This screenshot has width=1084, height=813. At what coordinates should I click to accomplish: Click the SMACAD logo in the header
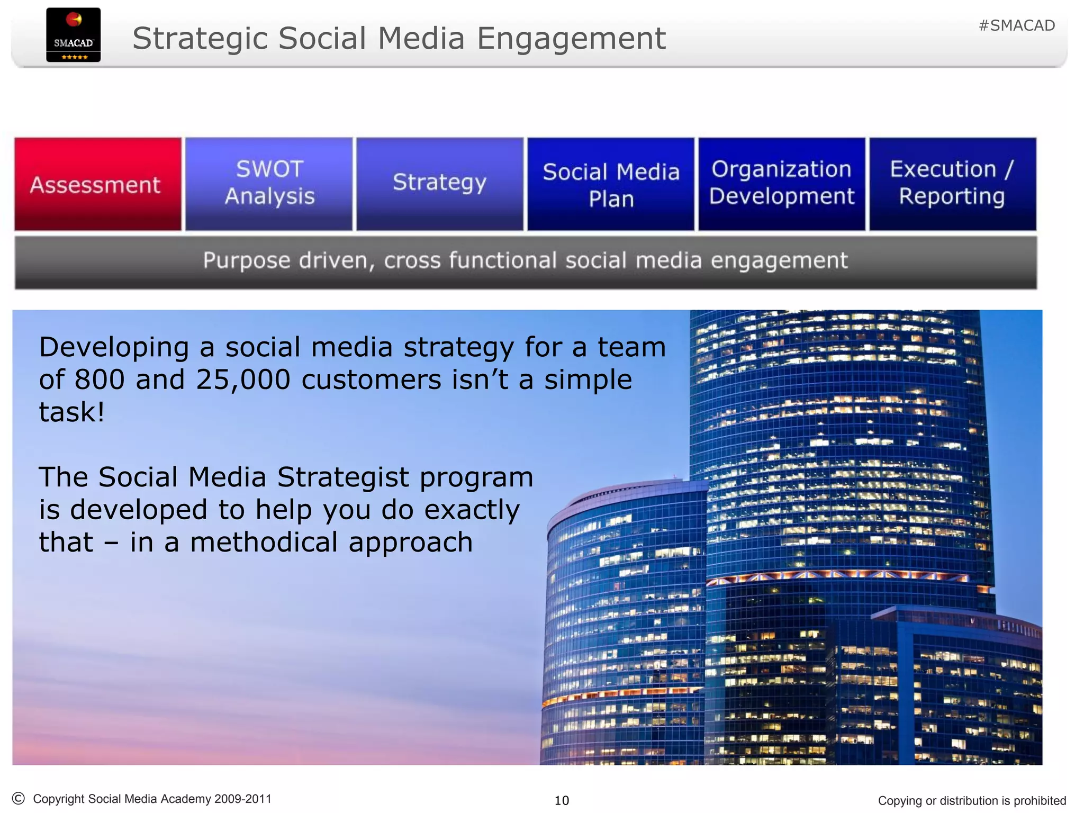[x=73, y=35]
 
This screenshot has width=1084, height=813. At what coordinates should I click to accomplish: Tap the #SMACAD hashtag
[x=1016, y=25]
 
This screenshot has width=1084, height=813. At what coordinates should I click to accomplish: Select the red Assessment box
[x=97, y=184]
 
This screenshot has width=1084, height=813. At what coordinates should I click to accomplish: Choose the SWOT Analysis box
[x=269, y=183]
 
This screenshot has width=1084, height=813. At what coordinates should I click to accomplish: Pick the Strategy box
[x=439, y=183]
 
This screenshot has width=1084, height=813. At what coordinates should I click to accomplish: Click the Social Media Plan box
[x=611, y=184]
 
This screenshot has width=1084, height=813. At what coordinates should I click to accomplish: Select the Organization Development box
[x=781, y=183]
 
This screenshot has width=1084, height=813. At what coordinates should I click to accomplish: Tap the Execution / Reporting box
[x=952, y=183]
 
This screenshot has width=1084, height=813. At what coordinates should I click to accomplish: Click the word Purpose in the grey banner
[x=247, y=261]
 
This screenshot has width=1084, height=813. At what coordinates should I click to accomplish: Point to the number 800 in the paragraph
[x=100, y=380]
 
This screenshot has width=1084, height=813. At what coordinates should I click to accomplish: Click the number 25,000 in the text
[x=243, y=380]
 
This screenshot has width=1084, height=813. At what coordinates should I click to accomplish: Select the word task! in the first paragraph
[x=72, y=412]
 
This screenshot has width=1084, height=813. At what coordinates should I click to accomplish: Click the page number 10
[x=562, y=800]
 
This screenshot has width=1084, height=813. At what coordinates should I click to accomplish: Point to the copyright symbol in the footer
[x=18, y=798]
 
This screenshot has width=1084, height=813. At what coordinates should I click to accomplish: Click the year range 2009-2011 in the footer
[x=243, y=799]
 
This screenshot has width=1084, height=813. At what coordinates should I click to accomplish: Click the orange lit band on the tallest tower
[x=847, y=575]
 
